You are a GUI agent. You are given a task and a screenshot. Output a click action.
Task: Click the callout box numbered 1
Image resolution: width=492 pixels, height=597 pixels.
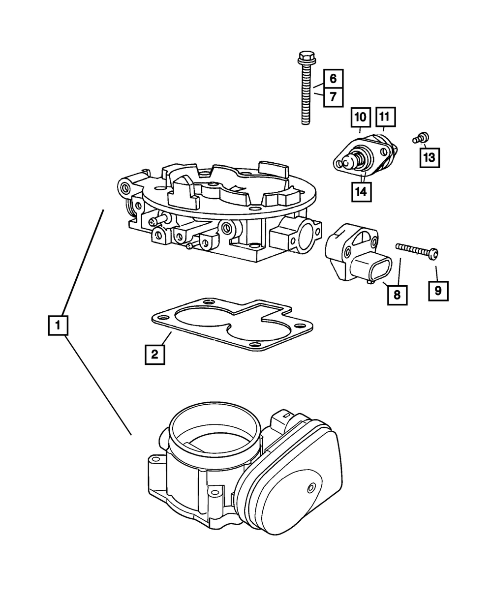(x=58, y=325)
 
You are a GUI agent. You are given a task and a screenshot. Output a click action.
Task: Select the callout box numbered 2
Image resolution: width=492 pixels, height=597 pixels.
(x=154, y=354)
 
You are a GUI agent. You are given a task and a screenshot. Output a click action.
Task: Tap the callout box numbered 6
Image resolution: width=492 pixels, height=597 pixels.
(x=333, y=79)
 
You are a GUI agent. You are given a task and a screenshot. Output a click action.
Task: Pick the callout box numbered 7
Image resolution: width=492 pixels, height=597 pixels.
(x=333, y=97)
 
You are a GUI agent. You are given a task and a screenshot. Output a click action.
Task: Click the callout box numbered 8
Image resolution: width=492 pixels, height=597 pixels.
(x=397, y=295)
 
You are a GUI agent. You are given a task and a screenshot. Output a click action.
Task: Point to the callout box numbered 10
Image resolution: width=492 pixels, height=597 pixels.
(x=360, y=117)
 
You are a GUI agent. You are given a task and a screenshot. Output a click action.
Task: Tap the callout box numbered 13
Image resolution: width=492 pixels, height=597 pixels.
(x=429, y=157)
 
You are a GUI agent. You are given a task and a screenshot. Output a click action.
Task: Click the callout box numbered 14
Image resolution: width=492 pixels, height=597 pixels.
(x=361, y=192)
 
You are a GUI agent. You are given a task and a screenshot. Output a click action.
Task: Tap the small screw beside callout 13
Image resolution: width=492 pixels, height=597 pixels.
(x=421, y=137)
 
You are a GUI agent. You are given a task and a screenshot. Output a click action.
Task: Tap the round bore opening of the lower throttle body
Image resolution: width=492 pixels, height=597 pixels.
(x=214, y=428)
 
